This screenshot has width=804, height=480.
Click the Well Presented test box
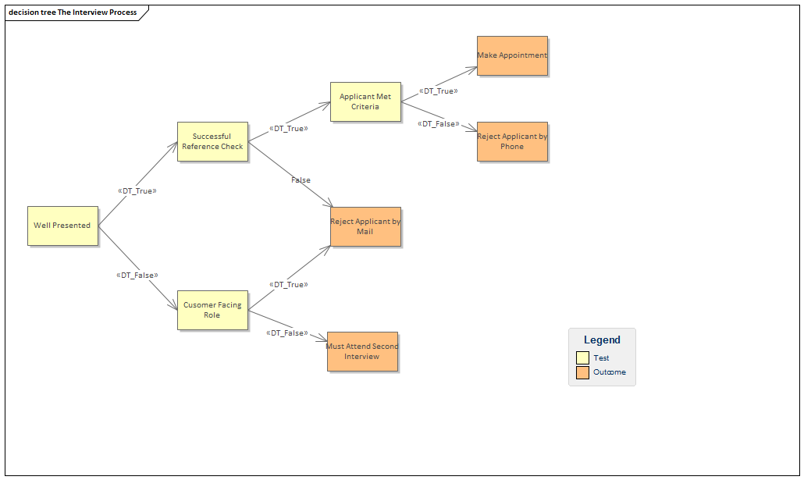click(62, 226)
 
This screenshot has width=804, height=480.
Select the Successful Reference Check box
click(212, 141)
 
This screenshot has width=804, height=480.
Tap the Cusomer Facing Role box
click(212, 310)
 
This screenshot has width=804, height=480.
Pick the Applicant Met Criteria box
click(365, 101)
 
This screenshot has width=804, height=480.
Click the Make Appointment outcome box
click(512, 55)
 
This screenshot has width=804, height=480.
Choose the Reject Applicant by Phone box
click(512, 141)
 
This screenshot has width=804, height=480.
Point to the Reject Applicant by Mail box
click(365, 226)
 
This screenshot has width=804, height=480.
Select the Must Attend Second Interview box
click(362, 351)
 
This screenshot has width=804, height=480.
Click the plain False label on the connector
click(301, 180)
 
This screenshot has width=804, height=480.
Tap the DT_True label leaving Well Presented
click(137, 190)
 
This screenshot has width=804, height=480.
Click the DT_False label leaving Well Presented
click(137, 275)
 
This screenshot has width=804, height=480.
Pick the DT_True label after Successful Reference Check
click(288, 128)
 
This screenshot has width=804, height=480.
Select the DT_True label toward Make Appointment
click(438, 91)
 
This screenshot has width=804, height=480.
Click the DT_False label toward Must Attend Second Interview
click(286, 332)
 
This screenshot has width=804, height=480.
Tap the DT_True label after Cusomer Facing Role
click(288, 284)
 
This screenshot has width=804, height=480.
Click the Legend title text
click(602, 340)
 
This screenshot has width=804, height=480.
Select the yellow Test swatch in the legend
click(582, 357)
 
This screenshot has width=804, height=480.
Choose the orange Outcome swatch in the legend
click(582, 372)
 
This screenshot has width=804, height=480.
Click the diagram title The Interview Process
click(73, 12)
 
